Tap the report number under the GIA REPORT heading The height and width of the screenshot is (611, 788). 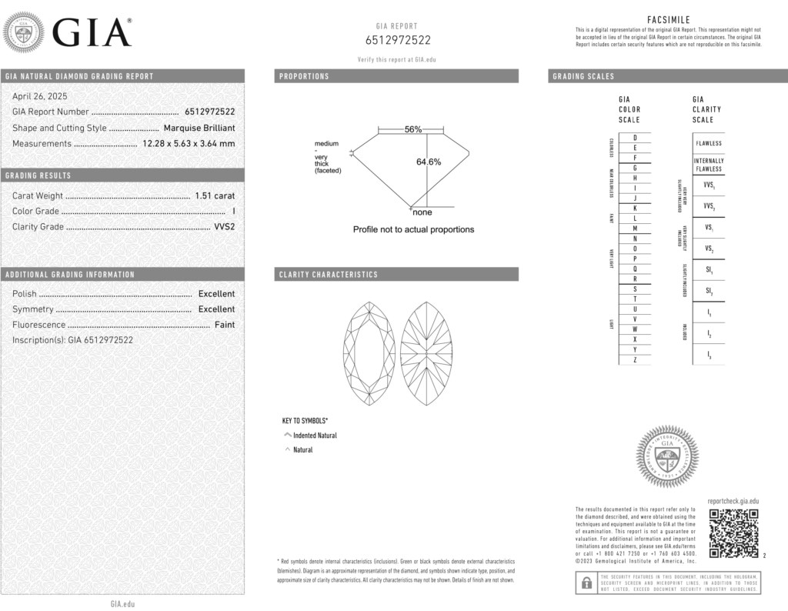[x=397, y=40]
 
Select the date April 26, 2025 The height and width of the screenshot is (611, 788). [x=40, y=96]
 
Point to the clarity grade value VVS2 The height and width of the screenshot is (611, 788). [x=223, y=227]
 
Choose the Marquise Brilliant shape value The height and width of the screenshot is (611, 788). [x=199, y=128]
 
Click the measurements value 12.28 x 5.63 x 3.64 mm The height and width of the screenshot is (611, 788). [x=189, y=143]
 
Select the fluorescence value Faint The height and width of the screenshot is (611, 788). [x=225, y=325]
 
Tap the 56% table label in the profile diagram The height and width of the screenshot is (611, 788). [x=413, y=129]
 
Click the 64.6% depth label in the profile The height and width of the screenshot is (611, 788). [x=429, y=162]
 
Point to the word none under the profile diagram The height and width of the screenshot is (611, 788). [x=422, y=212]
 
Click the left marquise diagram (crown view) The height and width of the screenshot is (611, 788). [x=368, y=352]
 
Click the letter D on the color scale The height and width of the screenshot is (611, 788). [x=634, y=137]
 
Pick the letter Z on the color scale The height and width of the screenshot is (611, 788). [x=634, y=359]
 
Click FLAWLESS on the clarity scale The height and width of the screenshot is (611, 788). [x=708, y=143]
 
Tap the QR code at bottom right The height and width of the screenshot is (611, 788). [x=733, y=533]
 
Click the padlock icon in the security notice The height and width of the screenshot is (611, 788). [x=586, y=583]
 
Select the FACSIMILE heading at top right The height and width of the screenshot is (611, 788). [x=669, y=20]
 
